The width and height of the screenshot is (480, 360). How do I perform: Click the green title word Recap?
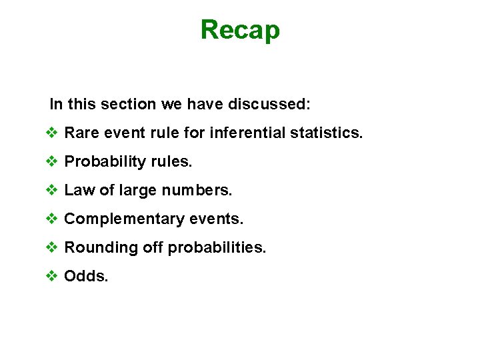(x=240, y=30)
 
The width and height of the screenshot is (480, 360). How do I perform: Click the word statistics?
(x=327, y=133)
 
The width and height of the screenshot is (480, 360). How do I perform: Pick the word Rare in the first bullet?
(x=79, y=133)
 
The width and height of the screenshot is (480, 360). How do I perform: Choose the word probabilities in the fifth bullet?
(x=217, y=248)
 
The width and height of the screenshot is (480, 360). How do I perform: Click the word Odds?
(x=85, y=277)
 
